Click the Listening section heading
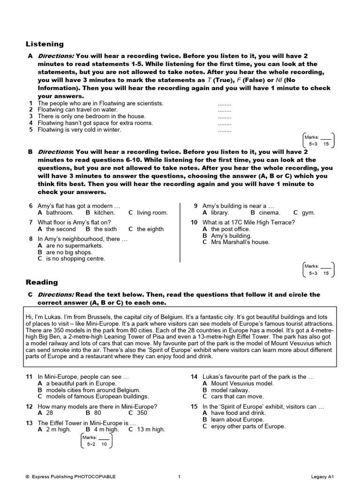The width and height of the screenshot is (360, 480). [x=45, y=44]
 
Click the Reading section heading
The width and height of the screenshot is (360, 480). [x=42, y=282]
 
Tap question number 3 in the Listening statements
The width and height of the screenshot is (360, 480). [x=30, y=116]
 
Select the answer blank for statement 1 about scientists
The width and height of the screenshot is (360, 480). [x=225, y=104]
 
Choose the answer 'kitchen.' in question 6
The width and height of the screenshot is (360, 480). [x=104, y=213]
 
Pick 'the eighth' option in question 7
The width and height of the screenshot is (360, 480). [x=150, y=229]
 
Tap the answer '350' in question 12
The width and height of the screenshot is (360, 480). [x=142, y=413]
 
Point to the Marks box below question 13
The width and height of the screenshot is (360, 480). [x=97, y=441]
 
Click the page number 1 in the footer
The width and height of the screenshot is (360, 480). [x=179, y=477]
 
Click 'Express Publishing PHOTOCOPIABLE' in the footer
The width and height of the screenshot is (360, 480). [x=74, y=477]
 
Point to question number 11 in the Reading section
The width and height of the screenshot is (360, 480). [x=29, y=376]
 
